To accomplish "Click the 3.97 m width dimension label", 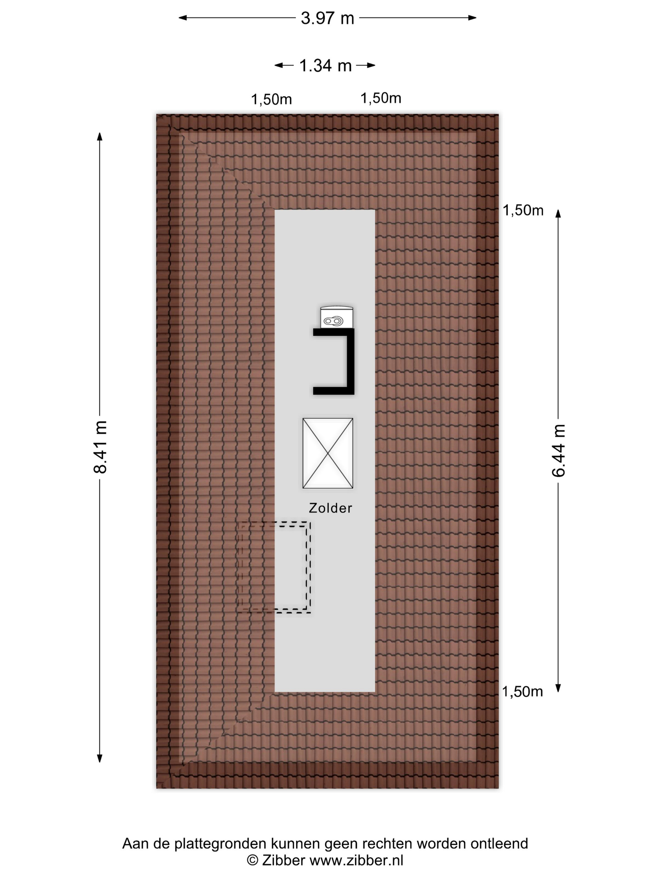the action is point(327,18).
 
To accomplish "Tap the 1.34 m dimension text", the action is point(325,66).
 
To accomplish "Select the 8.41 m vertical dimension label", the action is point(100,447).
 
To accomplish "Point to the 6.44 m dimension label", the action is point(558,450).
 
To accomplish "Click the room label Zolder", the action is point(330,508).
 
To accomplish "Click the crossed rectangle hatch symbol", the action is point(328,453).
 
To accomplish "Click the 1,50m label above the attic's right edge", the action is point(381,98).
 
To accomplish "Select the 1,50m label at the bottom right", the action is point(522,692).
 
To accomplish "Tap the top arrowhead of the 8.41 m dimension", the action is point(100,136).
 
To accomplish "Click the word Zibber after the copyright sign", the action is point(284,860).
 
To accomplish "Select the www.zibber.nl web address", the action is point(356,860).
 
